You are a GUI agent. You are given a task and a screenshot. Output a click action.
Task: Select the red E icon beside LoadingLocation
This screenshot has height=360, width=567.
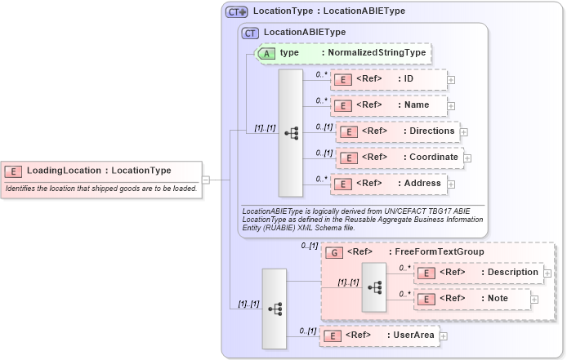coord(13,171)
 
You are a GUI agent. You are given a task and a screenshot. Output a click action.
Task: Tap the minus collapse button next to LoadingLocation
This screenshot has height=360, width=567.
coord(206,180)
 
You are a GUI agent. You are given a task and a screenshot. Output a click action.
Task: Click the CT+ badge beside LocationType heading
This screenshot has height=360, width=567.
coord(237,12)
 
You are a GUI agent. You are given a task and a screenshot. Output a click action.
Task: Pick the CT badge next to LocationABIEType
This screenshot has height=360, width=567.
coord(251,33)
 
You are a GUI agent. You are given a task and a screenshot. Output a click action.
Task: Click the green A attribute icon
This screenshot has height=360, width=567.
coord(266,53)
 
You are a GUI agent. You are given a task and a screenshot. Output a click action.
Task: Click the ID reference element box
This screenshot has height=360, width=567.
coord(388,79)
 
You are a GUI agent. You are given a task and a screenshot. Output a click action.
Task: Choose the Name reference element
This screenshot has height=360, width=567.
coord(388,105)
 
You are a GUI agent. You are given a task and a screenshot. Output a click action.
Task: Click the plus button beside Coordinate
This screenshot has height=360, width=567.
coord(467,158)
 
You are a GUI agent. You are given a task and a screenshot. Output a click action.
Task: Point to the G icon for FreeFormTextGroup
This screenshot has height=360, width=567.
coord(333,253)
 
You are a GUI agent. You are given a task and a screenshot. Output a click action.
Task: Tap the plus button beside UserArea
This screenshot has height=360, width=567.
coord(444,336)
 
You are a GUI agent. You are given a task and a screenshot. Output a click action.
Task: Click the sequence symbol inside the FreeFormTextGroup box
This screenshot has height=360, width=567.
coord(375,287)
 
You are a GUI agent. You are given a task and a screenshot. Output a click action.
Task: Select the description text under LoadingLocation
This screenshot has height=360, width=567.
coord(101,189)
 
